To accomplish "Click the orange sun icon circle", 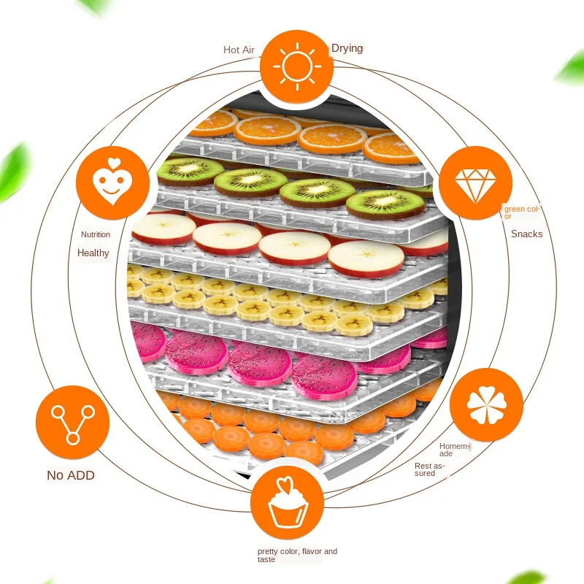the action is click(x=296, y=67).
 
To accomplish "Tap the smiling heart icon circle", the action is click(x=112, y=182).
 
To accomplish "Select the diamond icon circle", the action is click(x=474, y=182).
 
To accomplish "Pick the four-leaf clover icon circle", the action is click(x=486, y=404).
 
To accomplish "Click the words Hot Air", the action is click(x=239, y=50).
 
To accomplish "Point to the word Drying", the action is click(x=347, y=49).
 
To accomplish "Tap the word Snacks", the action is click(x=526, y=234).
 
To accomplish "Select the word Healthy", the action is click(x=93, y=253).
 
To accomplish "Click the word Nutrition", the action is click(x=96, y=234).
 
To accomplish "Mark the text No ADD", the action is click(x=71, y=475).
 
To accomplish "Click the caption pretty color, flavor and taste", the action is click(x=296, y=556).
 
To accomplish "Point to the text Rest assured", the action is click(x=429, y=469).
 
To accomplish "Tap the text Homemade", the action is click(x=455, y=450).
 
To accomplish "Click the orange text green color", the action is click(x=521, y=212).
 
